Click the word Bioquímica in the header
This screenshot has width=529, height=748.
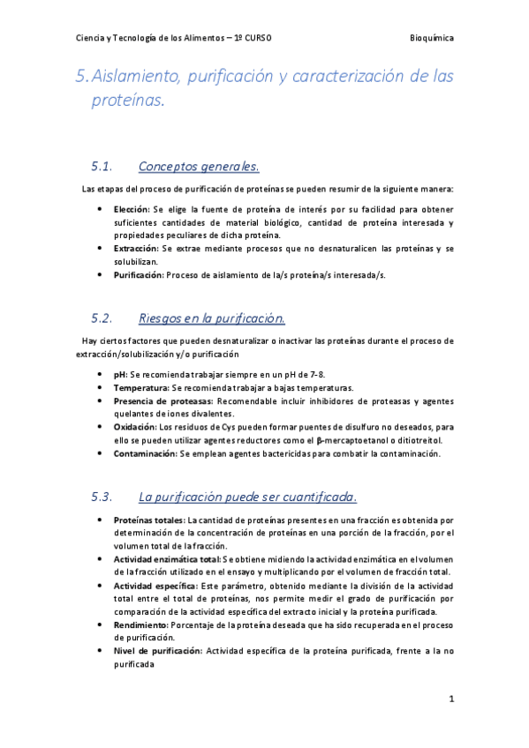[x=433, y=38]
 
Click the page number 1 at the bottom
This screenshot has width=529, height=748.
[x=450, y=699]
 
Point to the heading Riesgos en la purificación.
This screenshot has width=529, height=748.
[x=212, y=318]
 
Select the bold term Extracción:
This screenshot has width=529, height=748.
[x=135, y=250]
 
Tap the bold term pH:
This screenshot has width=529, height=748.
[x=120, y=374]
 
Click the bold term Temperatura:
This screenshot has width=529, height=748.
[x=140, y=387]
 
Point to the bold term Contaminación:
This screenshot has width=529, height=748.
[x=145, y=453]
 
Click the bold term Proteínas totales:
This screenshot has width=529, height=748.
[x=148, y=520]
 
